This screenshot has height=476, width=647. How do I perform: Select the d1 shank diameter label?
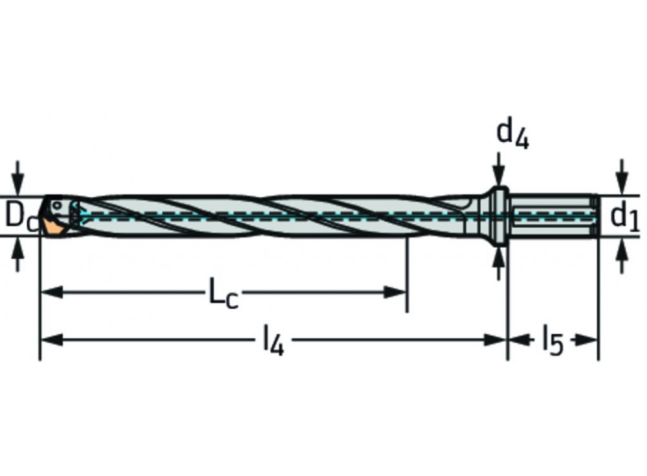624,217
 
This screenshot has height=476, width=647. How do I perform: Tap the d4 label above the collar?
512,134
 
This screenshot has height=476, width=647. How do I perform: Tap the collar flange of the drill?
498,216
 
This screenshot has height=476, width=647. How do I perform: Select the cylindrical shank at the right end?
553,215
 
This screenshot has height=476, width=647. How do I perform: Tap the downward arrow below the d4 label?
498,175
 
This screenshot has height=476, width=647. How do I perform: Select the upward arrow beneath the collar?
498,259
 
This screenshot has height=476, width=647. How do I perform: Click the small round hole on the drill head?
58,205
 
